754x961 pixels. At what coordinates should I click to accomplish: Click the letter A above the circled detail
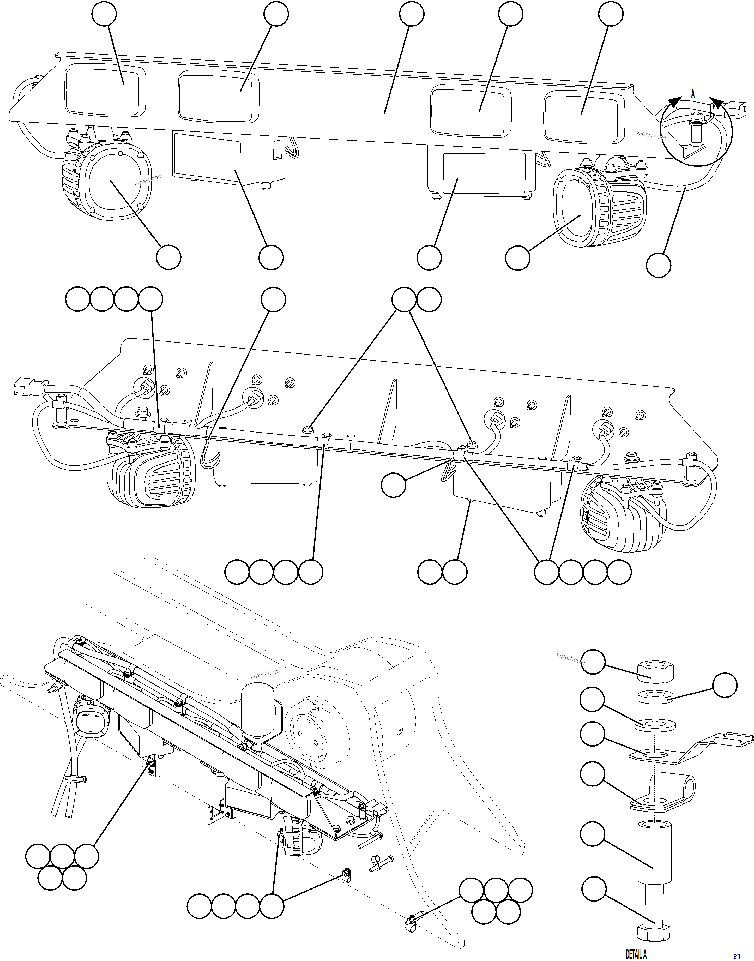(693, 94)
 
